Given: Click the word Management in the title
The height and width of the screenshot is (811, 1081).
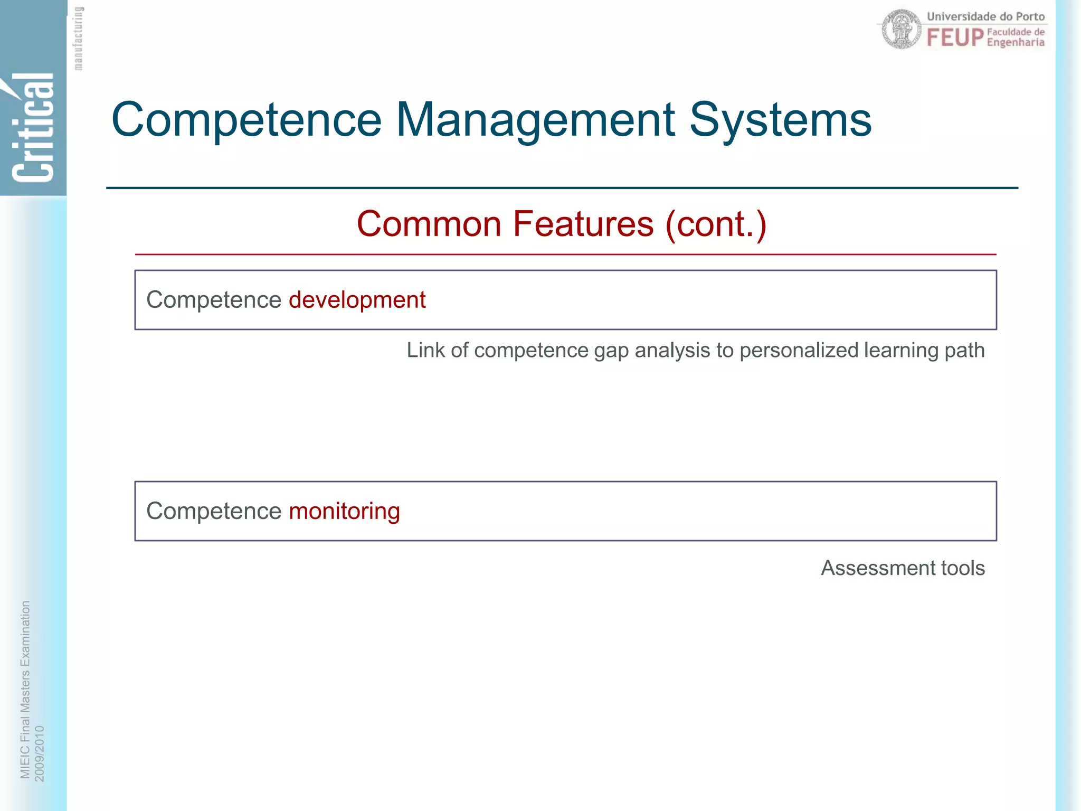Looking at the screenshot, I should pyautogui.click(x=535, y=120).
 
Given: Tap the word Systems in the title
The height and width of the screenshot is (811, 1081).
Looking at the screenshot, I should pyautogui.click(x=780, y=120).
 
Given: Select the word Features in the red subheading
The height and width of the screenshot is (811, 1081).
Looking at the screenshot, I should pyautogui.click(x=583, y=224).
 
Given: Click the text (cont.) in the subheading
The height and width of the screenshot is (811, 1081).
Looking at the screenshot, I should pyautogui.click(x=716, y=224).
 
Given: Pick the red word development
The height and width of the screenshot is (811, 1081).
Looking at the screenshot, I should pyautogui.click(x=357, y=300).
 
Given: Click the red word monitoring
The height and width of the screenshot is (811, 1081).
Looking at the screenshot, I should pyautogui.click(x=344, y=511).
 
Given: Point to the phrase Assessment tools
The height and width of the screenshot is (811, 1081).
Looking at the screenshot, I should pyautogui.click(x=903, y=568).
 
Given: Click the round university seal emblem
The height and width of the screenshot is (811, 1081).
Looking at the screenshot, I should pyautogui.click(x=902, y=30).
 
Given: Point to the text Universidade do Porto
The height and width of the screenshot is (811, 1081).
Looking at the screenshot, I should pyautogui.click(x=985, y=16).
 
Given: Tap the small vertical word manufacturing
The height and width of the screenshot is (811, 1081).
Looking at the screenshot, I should pyautogui.click(x=78, y=39).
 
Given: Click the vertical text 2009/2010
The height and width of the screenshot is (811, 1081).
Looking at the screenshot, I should pyautogui.click(x=40, y=753).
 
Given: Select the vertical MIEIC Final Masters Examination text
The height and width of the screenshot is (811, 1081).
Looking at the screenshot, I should pyautogui.click(x=25, y=689).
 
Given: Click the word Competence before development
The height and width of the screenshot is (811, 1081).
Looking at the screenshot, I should pyautogui.click(x=214, y=300).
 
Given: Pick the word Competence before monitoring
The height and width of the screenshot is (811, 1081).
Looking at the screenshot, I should pyautogui.click(x=214, y=511).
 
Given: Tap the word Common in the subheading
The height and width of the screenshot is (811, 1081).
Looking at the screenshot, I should pyautogui.click(x=429, y=224).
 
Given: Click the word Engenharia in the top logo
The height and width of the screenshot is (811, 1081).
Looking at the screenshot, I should pyautogui.click(x=1016, y=43).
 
